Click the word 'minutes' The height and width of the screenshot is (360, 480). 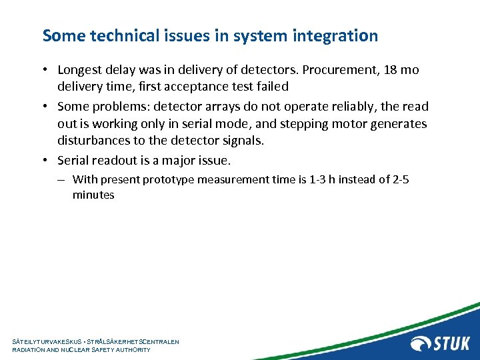[93, 195]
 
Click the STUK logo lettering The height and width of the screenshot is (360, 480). [453, 343]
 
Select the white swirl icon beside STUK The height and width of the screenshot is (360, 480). [421, 343]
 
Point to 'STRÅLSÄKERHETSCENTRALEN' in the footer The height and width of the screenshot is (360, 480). [138, 341]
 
